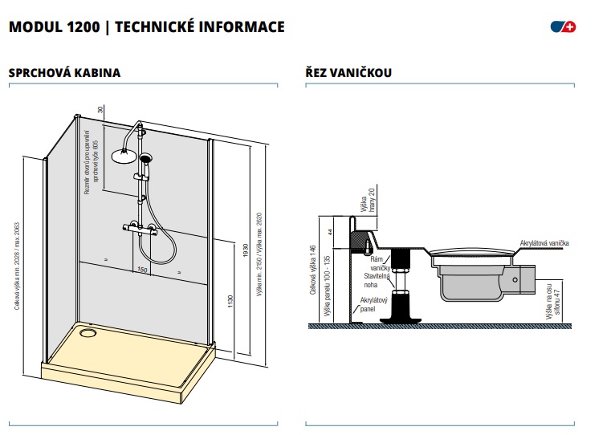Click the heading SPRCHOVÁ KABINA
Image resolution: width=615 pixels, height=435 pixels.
(x=64, y=73)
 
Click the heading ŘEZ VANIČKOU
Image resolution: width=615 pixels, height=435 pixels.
(x=348, y=73)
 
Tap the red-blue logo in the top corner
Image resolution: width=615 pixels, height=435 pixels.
(x=564, y=27)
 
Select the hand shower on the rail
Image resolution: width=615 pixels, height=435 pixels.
(x=145, y=161)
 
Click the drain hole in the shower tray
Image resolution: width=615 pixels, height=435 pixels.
(x=88, y=331)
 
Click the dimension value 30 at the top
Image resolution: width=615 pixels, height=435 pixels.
(x=100, y=110)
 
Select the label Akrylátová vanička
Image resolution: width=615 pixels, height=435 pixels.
(x=544, y=242)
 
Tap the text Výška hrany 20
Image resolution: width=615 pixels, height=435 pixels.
(x=370, y=201)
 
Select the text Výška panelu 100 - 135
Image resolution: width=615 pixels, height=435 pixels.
(x=327, y=285)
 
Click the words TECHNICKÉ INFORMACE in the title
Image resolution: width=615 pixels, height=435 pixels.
(x=200, y=27)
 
